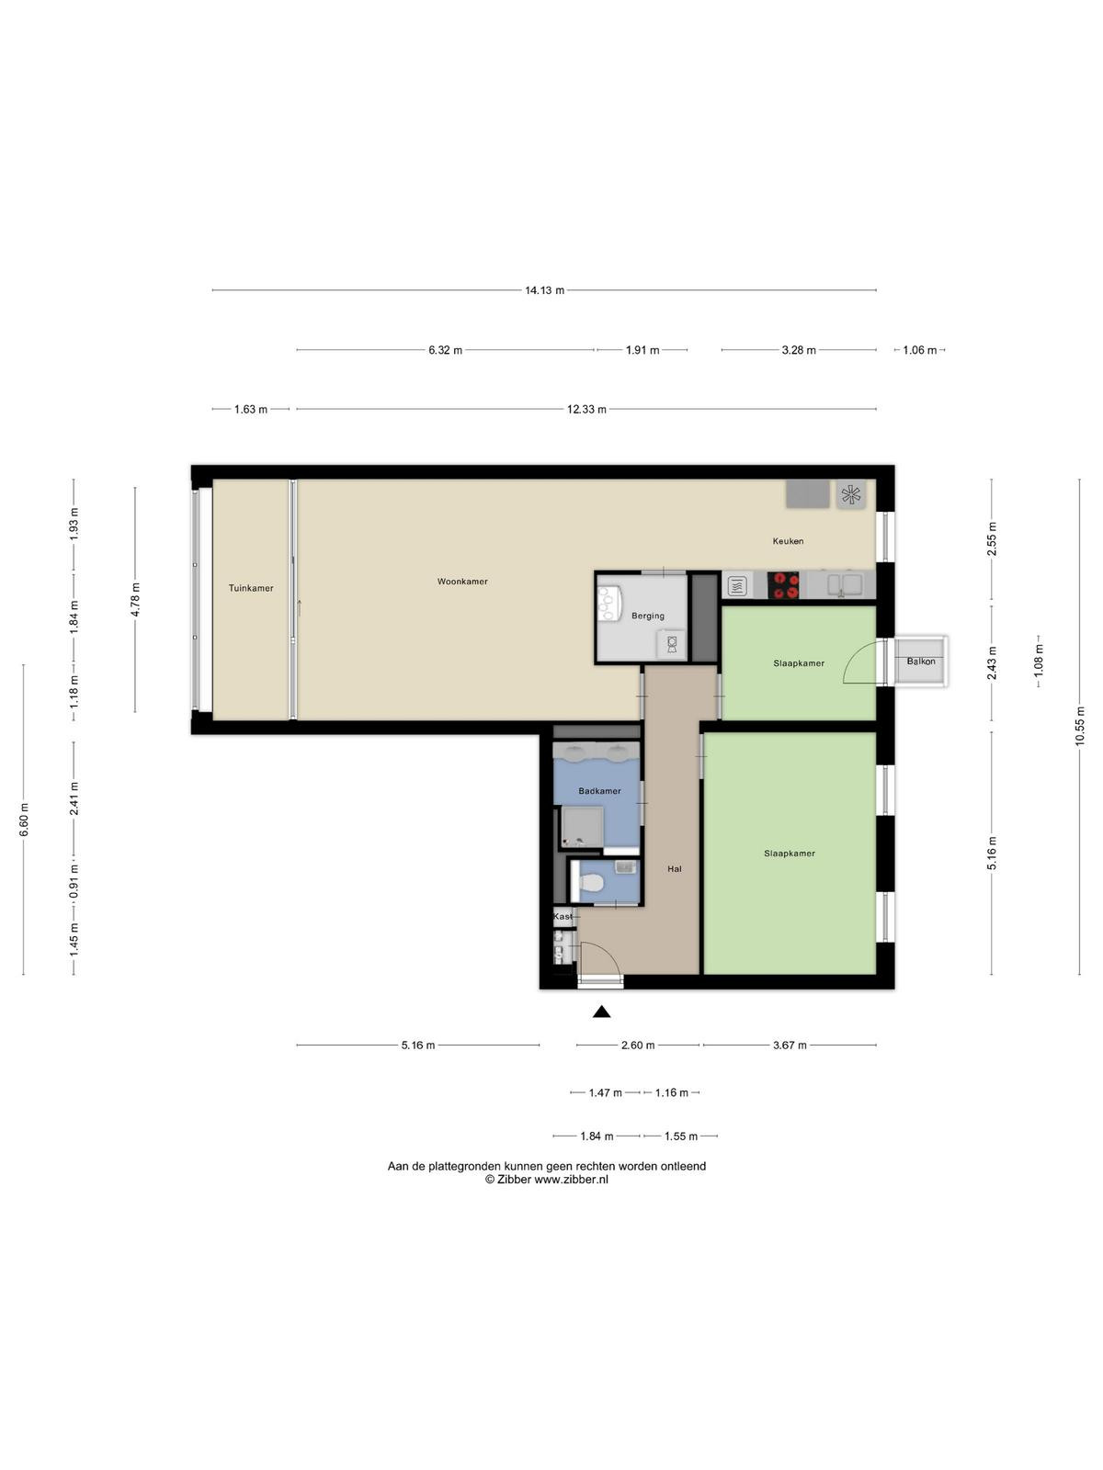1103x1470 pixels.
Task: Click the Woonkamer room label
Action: pyautogui.click(x=462, y=582)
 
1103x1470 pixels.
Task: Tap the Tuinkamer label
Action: pyautogui.click(x=251, y=588)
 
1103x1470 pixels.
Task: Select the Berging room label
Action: pyautogui.click(x=648, y=616)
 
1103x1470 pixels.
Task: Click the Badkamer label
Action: pyautogui.click(x=599, y=791)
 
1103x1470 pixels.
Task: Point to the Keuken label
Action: pyautogui.click(x=788, y=541)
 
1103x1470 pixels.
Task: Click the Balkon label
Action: pyautogui.click(x=921, y=661)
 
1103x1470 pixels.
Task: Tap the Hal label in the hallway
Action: pyautogui.click(x=675, y=868)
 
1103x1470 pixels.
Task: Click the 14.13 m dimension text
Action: pyautogui.click(x=544, y=290)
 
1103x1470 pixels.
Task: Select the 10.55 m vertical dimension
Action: pyautogui.click(x=1079, y=726)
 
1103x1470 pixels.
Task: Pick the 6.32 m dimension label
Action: pyautogui.click(x=446, y=350)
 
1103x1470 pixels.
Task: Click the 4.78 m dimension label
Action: pyautogui.click(x=135, y=600)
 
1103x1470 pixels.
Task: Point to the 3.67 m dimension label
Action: pyautogui.click(x=790, y=1045)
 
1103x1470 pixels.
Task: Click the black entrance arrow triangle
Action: pyautogui.click(x=601, y=1012)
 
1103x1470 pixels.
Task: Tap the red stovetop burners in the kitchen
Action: pyautogui.click(x=783, y=585)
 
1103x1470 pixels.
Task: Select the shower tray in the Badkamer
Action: pyautogui.click(x=582, y=826)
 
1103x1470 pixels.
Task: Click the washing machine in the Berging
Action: pyautogui.click(x=672, y=644)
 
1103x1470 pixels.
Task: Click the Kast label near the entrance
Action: pyautogui.click(x=563, y=916)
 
